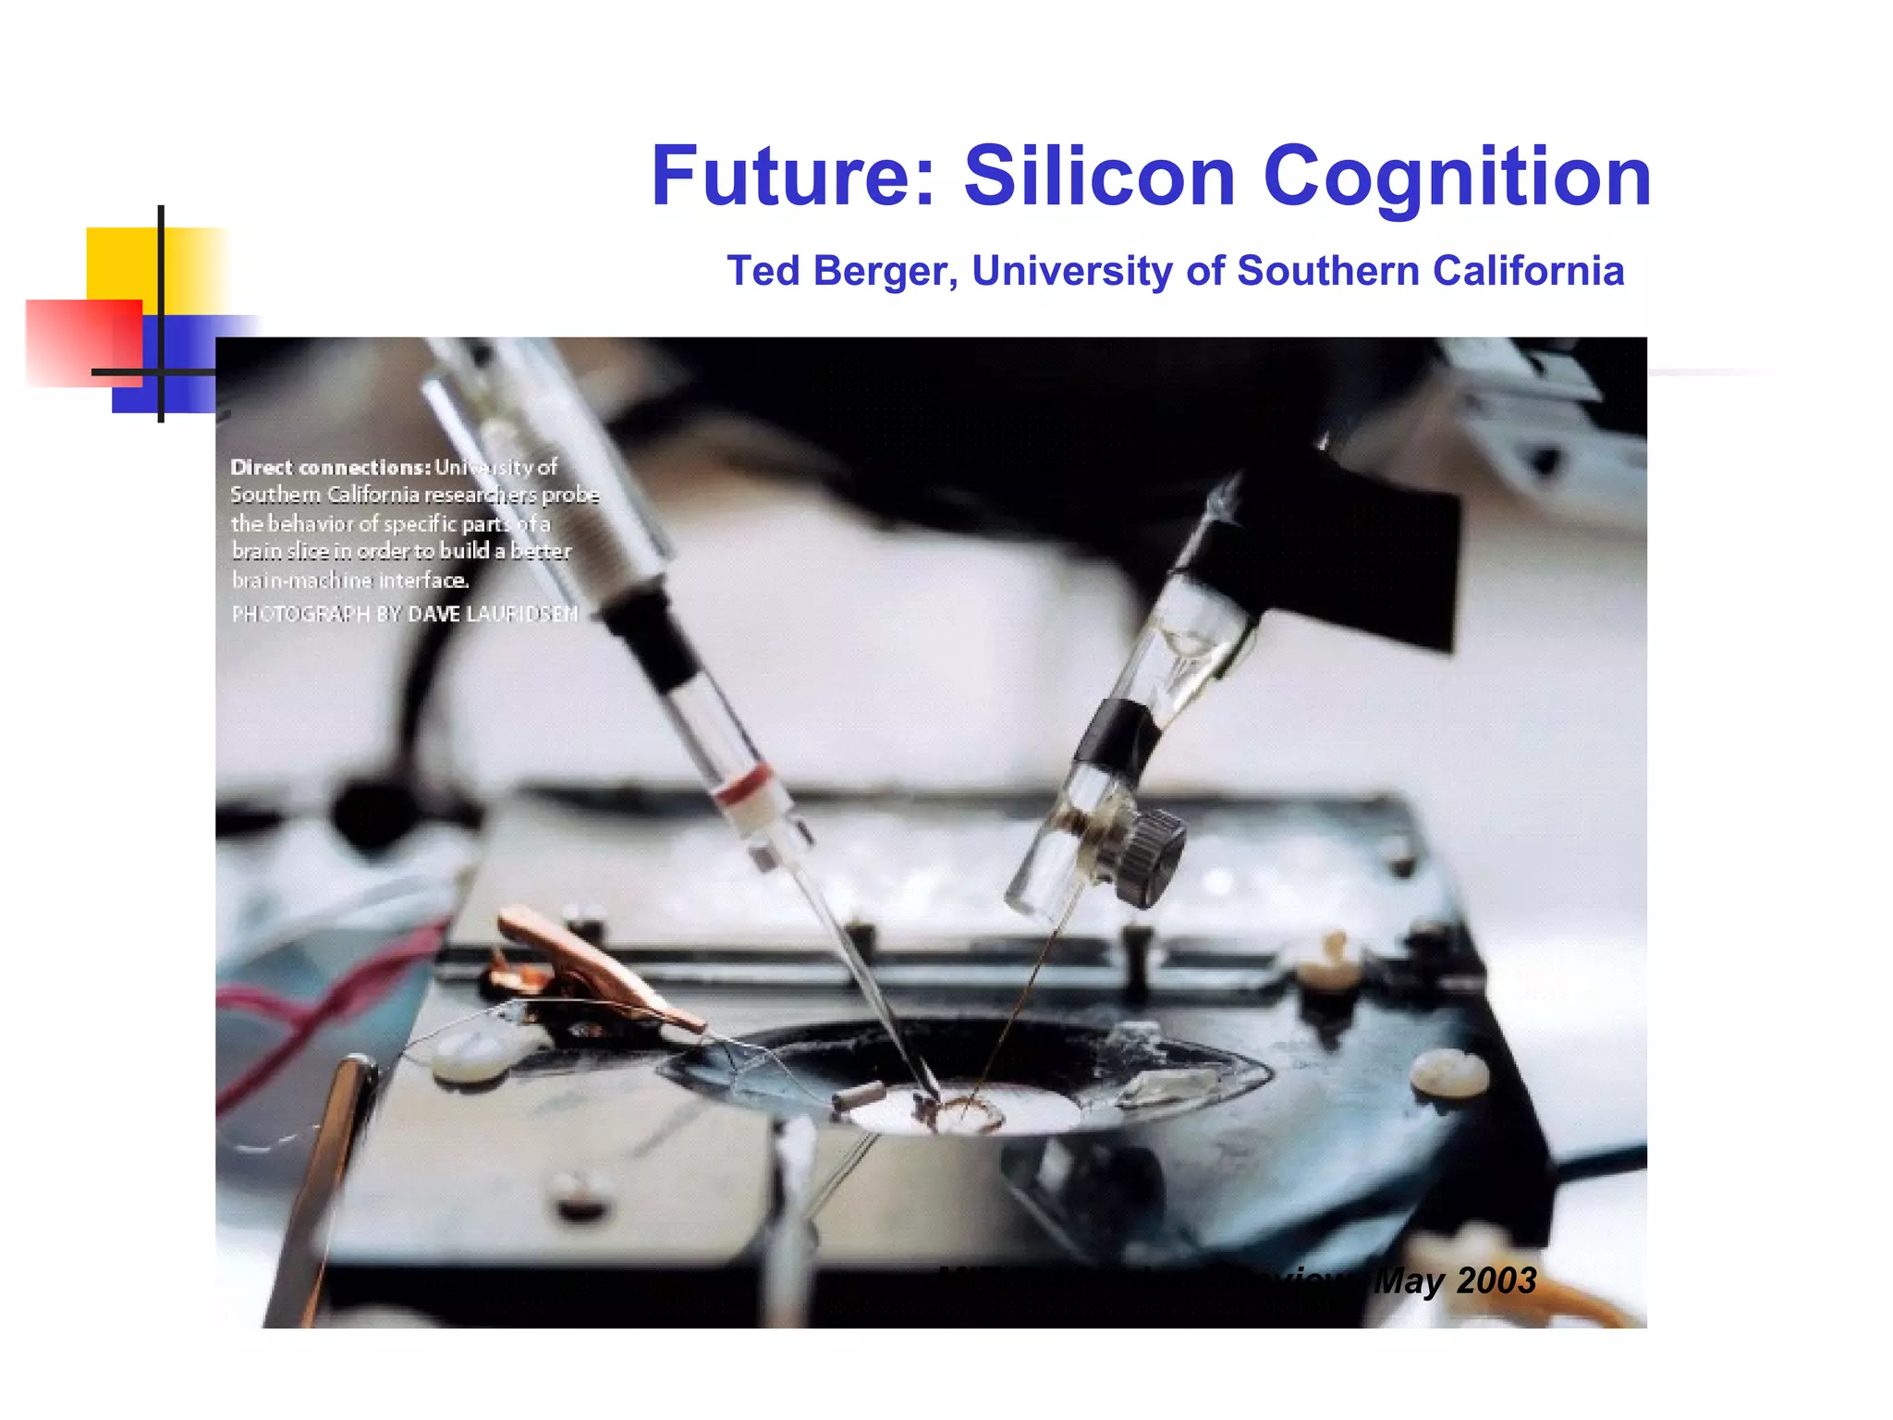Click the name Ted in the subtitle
763,271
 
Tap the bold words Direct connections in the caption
330,467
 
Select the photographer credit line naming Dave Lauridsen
404,614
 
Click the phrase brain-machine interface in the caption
349,581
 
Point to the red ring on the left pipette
743,786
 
